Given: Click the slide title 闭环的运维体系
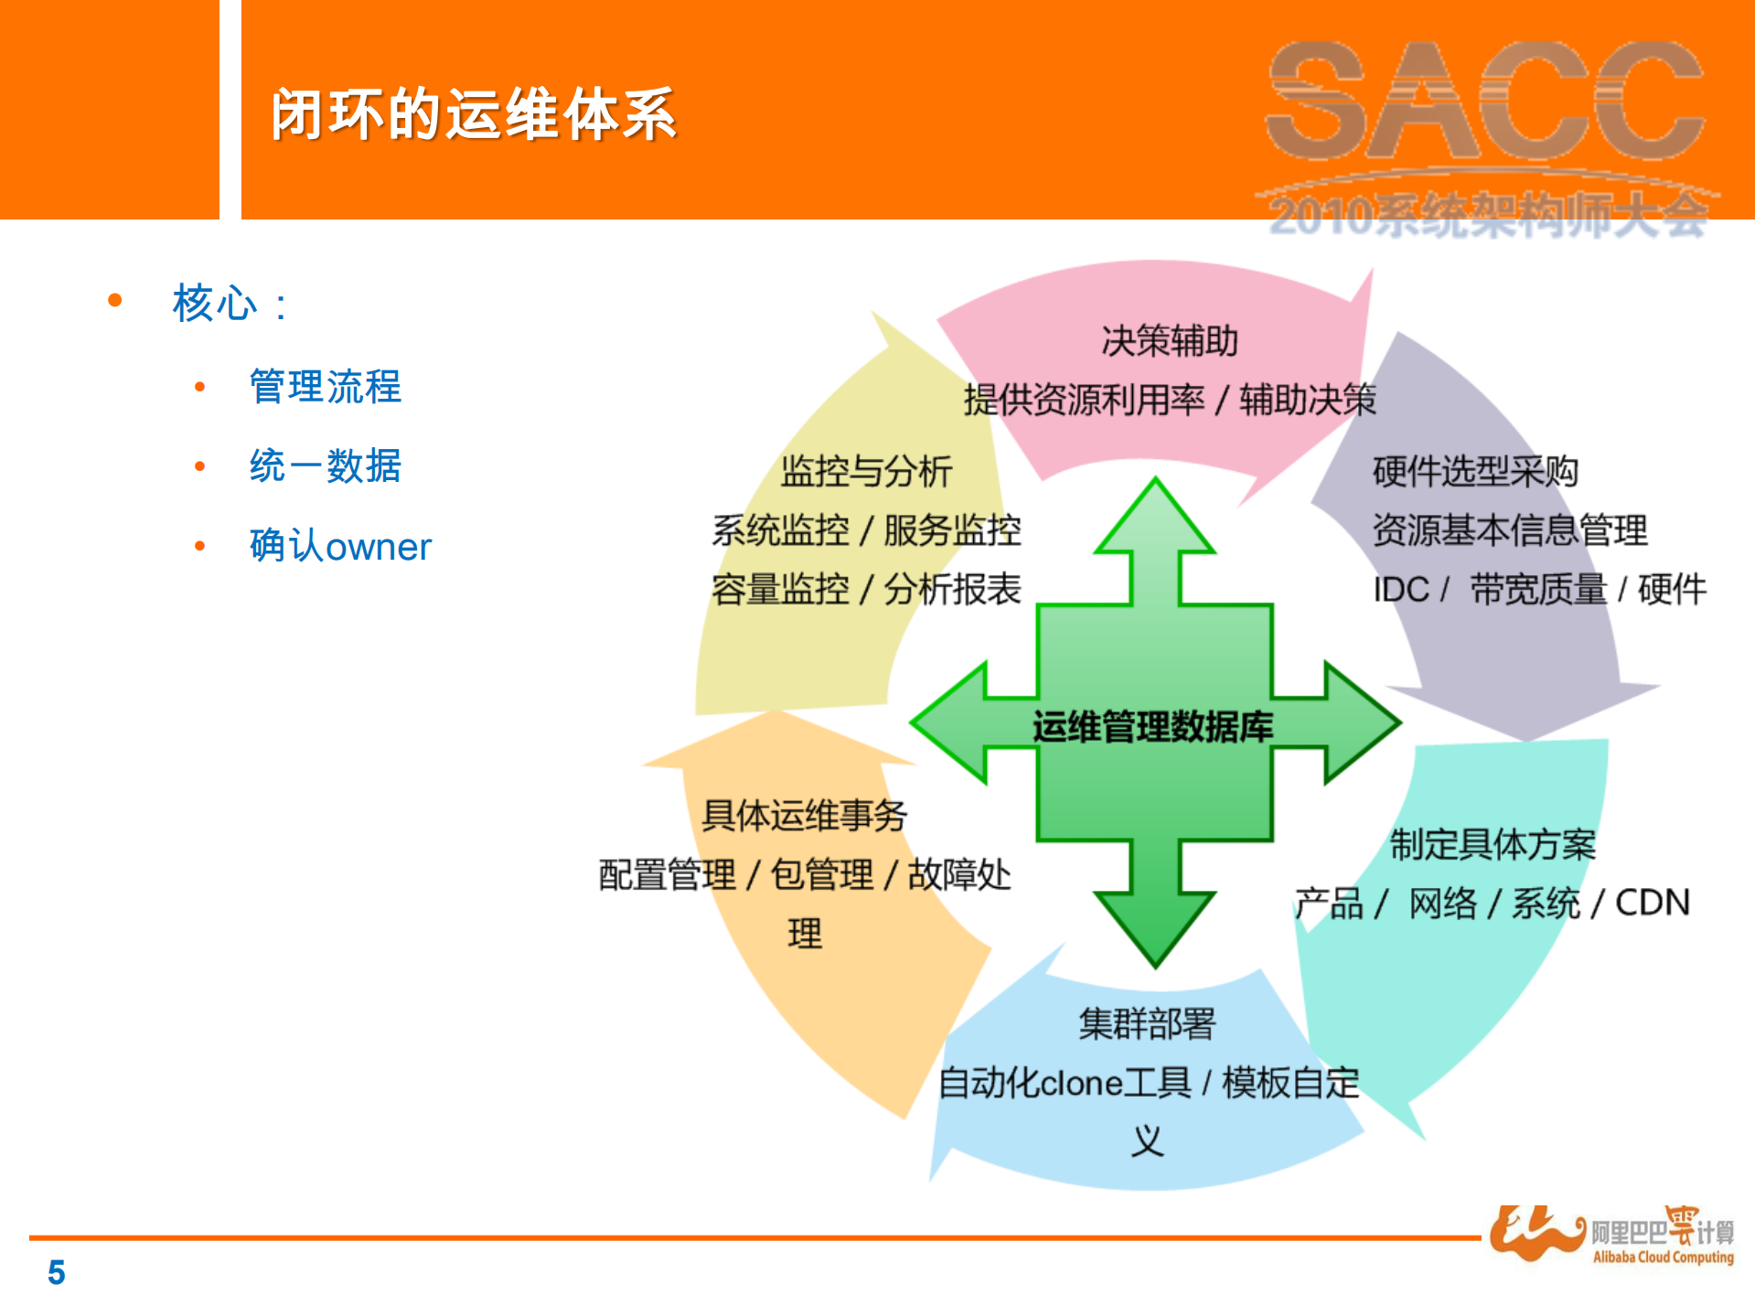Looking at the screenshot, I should [x=473, y=114].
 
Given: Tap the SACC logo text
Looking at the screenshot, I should [x=1485, y=101].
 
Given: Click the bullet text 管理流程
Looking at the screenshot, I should [x=325, y=386].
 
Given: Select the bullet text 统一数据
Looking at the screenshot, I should [x=325, y=465].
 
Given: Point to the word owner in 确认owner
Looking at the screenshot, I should [x=379, y=547].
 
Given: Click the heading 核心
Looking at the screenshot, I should [x=216, y=304].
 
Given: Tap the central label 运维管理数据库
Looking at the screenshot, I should [x=1152, y=727].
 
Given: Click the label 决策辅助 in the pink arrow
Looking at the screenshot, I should [x=1169, y=341].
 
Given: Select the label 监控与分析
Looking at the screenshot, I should [x=866, y=472].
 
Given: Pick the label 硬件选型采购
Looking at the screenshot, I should [x=1475, y=472].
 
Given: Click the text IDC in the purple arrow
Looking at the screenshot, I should [x=1400, y=590].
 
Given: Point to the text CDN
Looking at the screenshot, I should [x=1652, y=903].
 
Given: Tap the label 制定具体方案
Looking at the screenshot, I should [x=1493, y=844].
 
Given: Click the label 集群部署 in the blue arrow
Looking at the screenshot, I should [x=1147, y=1023].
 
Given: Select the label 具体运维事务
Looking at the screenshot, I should [x=804, y=815].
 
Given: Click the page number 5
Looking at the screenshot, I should [x=57, y=1272].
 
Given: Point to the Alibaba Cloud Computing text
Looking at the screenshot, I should [x=1663, y=1257].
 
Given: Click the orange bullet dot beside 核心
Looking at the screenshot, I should [x=115, y=300].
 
